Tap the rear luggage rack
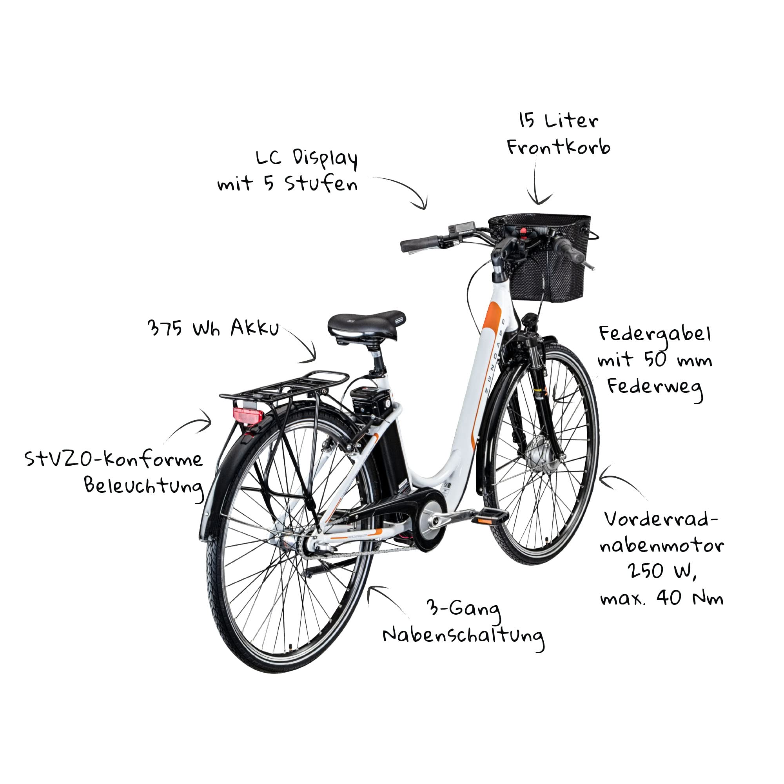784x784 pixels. click(x=284, y=385)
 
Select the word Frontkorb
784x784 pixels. click(x=558, y=147)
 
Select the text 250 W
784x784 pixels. click(x=662, y=572)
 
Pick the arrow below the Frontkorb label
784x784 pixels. click(x=537, y=181)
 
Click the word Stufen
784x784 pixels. click(x=321, y=184)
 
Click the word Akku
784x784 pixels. click(x=255, y=328)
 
